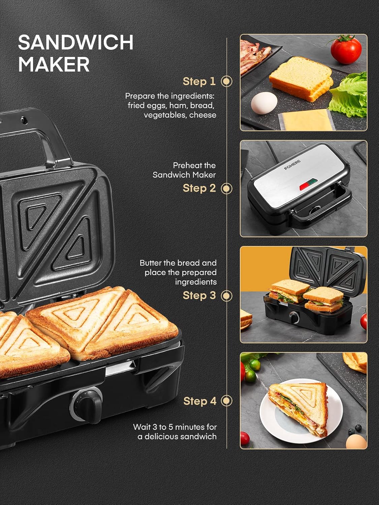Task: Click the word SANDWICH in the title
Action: coord(75,42)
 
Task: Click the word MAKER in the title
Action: coord(54,64)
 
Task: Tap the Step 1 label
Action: coord(199,81)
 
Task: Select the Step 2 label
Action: coord(199,188)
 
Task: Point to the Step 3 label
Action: coord(199,296)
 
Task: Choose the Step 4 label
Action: coord(199,401)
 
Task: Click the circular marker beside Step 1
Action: coord(227,81)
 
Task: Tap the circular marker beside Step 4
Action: coord(227,401)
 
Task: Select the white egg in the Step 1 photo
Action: coord(264,103)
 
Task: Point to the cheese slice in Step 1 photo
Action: coord(307,120)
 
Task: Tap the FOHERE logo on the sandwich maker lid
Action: coord(292,165)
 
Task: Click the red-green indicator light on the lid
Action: coord(306,183)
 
